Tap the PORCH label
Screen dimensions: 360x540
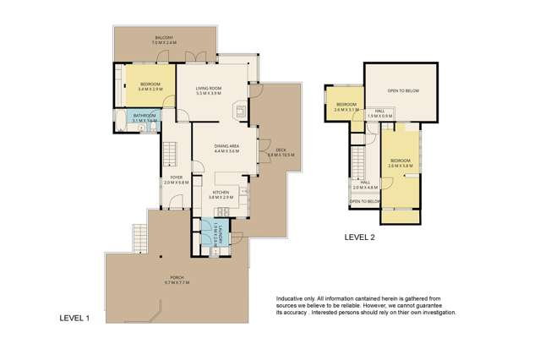[177, 280]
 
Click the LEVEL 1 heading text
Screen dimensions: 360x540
[74, 318]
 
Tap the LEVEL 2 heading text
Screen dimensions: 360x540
[360, 237]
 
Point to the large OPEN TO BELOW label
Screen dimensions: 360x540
[403, 90]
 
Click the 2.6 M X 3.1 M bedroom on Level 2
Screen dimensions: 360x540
[346, 107]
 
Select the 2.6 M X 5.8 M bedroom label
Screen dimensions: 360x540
[400, 162]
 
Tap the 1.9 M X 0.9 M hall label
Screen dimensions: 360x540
[380, 112]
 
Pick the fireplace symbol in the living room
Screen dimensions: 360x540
[241, 109]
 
